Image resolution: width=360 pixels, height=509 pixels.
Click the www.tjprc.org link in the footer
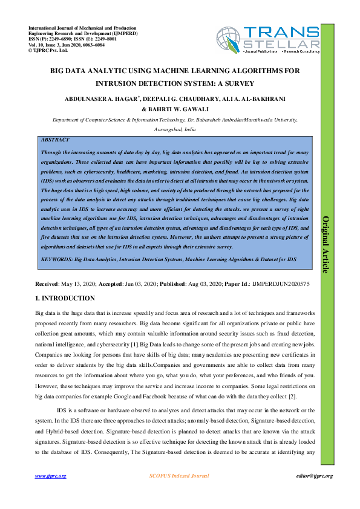tap(50, 476)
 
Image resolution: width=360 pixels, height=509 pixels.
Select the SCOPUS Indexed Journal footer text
tap(178, 476)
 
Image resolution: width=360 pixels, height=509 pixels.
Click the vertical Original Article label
tap(326, 236)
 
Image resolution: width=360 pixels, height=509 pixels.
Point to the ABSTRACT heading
tap(54, 140)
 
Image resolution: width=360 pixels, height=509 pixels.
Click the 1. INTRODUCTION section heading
tap(65, 298)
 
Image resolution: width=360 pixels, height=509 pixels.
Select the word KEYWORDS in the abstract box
tap(56, 259)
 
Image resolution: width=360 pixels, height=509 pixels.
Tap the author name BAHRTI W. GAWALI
tap(180, 109)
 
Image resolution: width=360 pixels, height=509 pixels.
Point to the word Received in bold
tap(47, 283)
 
